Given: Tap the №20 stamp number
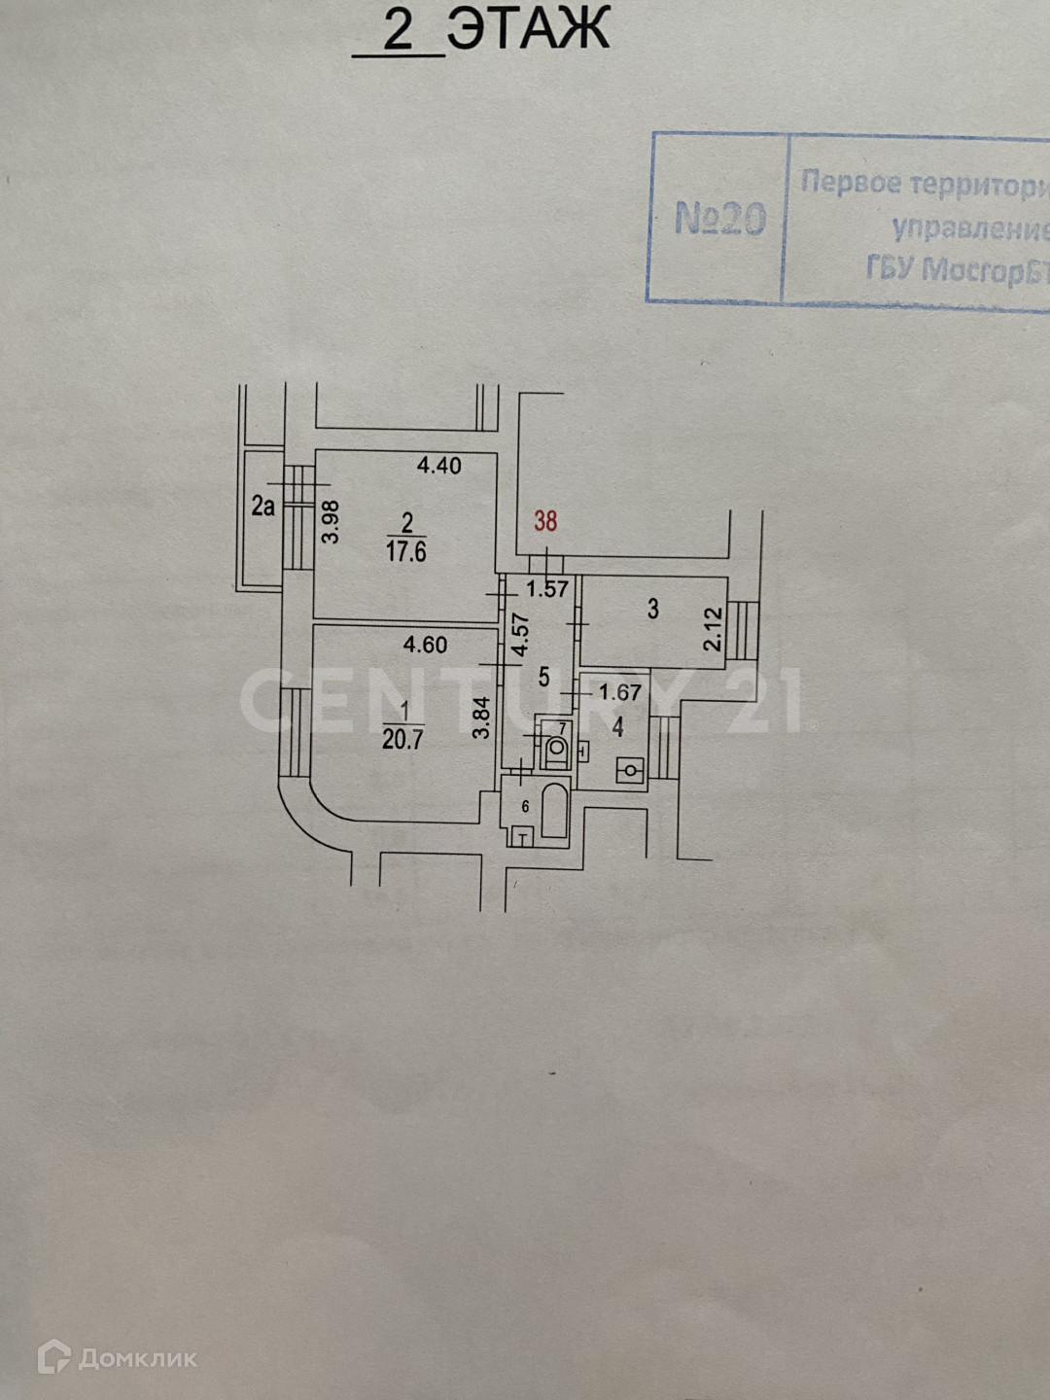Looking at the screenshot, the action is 719,219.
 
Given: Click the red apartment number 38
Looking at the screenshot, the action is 545,521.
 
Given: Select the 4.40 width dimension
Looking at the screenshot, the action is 438,466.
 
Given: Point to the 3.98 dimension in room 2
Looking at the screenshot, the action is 332,521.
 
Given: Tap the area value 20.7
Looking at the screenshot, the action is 402,740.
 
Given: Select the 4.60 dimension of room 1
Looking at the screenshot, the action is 425,645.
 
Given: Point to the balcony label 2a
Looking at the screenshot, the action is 262,506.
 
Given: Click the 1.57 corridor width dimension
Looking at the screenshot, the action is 547,589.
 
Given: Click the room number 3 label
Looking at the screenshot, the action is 653,610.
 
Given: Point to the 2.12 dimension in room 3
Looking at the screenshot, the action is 713,630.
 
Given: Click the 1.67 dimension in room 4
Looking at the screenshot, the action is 619,692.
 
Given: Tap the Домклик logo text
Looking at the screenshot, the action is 136,1357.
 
